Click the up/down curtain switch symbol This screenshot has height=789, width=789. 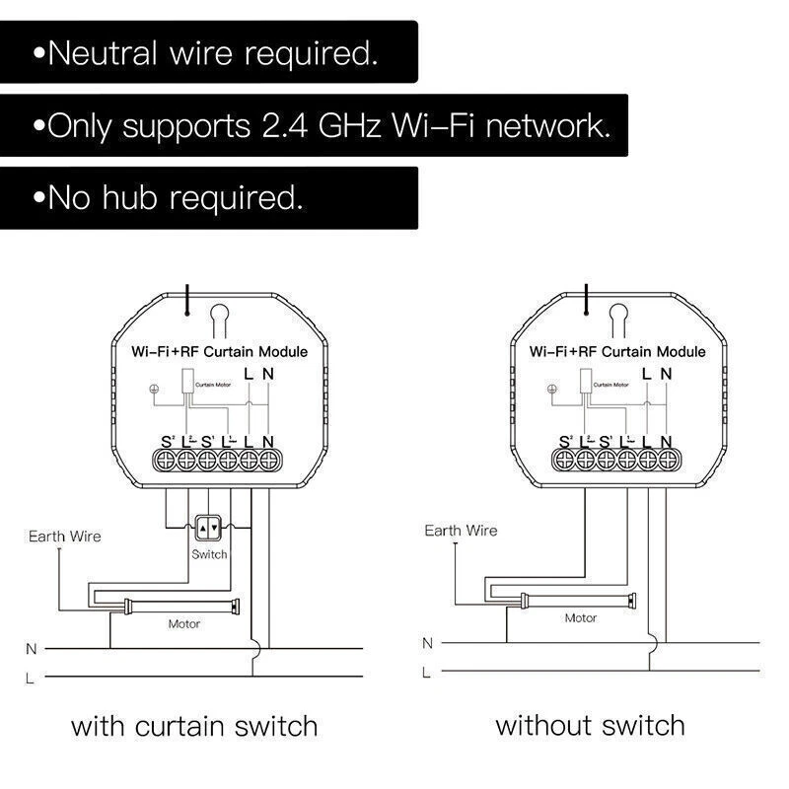point(208,529)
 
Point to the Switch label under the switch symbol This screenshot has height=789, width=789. point(209,554)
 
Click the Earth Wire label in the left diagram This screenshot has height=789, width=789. point(65,537)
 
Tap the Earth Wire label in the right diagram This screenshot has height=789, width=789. point(461,531)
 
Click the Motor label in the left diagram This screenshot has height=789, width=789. point(184,623)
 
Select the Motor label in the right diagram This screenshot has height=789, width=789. point(580,618)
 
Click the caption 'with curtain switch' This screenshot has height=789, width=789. point(194,728)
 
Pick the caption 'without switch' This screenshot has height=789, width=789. point(590,727)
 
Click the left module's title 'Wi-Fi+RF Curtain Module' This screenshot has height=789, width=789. point(220,351)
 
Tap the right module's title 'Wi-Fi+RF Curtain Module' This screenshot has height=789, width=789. point(617,351)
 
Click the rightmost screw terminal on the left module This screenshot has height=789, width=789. point(269,459)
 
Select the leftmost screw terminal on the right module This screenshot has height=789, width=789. point(565,459)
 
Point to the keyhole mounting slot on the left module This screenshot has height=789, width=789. point(220,318)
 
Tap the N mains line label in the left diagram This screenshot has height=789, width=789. point(32,649)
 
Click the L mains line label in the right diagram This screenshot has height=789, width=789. point(427,673)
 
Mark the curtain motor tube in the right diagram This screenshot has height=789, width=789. point(577,598)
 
